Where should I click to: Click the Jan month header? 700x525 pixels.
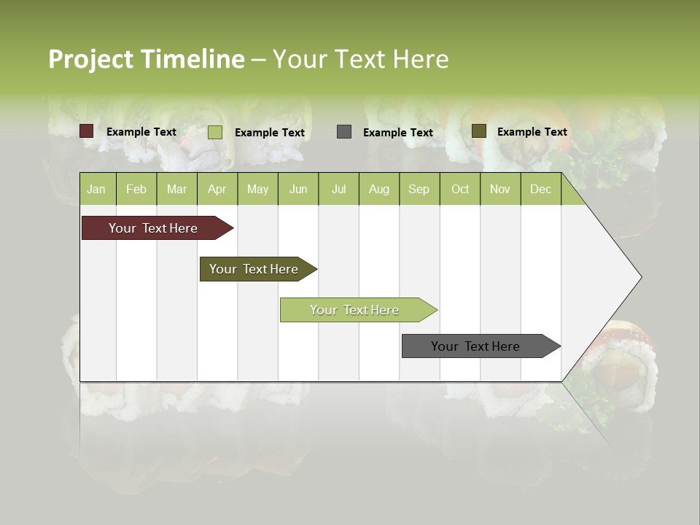click(x=96, y=189)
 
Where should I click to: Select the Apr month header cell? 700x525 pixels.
click(x=217, y=189)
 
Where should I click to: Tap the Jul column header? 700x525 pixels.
click(x=338, y=189)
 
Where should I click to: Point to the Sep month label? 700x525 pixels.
click(x=419, y=189)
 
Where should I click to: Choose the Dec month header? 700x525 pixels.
click(x=540, y=189)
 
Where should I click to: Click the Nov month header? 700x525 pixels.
click(x=499, y=189)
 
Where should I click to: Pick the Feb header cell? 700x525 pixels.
click(x=136, y=189)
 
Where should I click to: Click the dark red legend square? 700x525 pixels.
click(x=86, y=131)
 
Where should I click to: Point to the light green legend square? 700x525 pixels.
click(x=214, y=132)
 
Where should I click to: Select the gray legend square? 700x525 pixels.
click(x=343, y=132)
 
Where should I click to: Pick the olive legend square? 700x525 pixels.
click(x=478, y=131)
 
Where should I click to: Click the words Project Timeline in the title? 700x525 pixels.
click(x=147, y=59)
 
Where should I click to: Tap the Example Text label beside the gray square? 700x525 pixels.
click(x=397, y=133)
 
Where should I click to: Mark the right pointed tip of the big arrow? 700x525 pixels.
click(x=640, y=277)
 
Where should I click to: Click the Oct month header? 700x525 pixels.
click(x=460, y=189)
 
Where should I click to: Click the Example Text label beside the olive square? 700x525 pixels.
click(x=532, y=132)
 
